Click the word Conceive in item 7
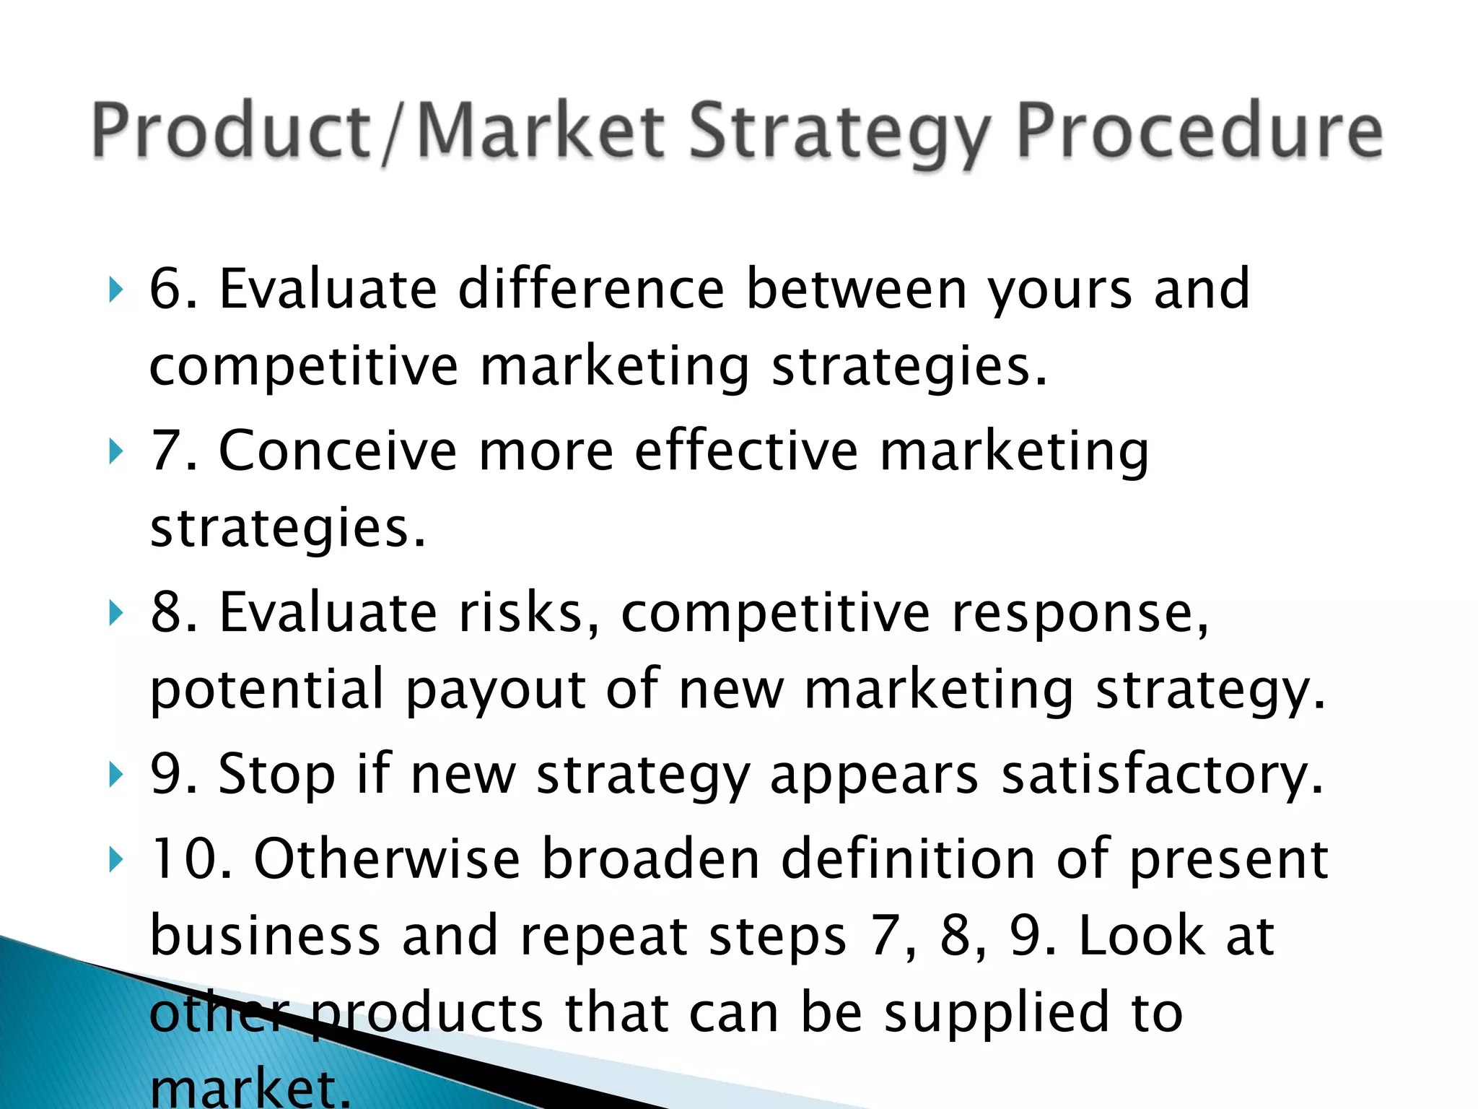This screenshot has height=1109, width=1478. pos(338,451)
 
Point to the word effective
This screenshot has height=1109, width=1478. pos(746,451)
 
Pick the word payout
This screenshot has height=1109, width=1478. pos(495,690)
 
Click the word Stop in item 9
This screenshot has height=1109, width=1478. pos(276,775)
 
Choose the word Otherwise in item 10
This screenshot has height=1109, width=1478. pos(387,859)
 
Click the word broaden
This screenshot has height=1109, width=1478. pos(650,859)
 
